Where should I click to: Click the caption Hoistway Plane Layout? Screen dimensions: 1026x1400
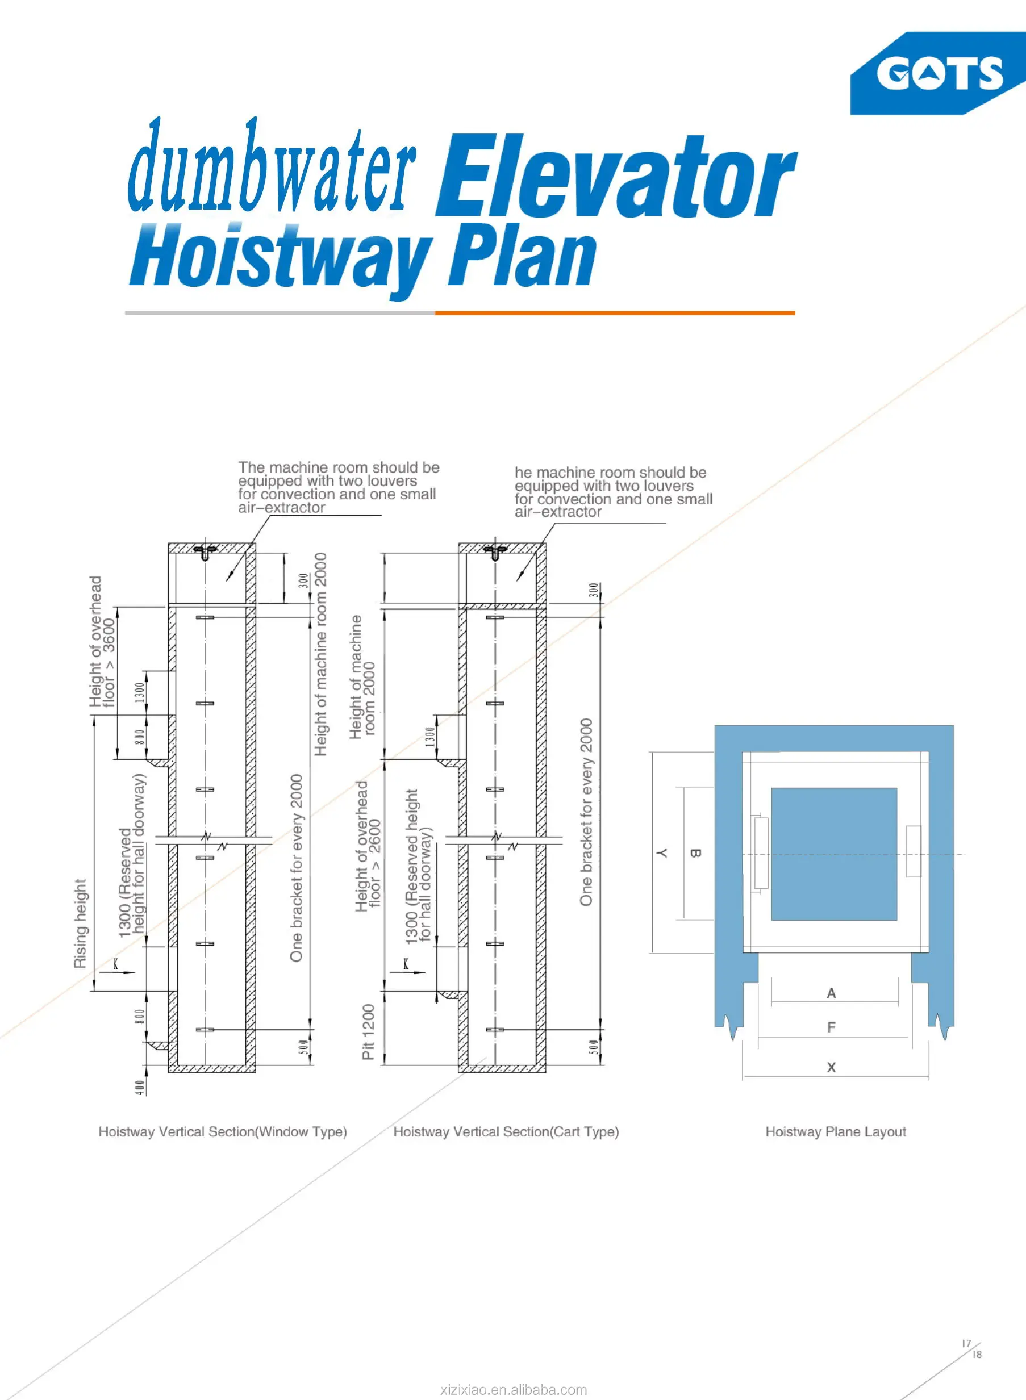pos(835,1132)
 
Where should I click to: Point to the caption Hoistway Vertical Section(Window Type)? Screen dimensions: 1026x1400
pos(222,1132)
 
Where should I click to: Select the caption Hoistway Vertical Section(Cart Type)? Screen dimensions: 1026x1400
pos(506,1132)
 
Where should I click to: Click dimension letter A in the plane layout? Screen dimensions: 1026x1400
pos(831,993)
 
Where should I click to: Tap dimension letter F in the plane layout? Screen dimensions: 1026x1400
pos(831,1027)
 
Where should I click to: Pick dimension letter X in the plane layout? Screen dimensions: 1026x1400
pos(831,1067)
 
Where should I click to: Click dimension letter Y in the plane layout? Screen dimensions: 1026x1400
pos(662,853)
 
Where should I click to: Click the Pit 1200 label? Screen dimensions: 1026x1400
pos(368,1032)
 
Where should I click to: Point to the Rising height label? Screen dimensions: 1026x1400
pos(81,923)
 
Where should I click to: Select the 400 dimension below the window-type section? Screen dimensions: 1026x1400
pos(140,1087)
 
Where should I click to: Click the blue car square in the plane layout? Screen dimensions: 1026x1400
pos(833,854)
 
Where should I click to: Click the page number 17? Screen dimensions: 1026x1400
pos(966,1343)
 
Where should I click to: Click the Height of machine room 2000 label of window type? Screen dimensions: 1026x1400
pos(320,654)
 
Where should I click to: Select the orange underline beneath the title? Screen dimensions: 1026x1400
pos(615,313)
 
